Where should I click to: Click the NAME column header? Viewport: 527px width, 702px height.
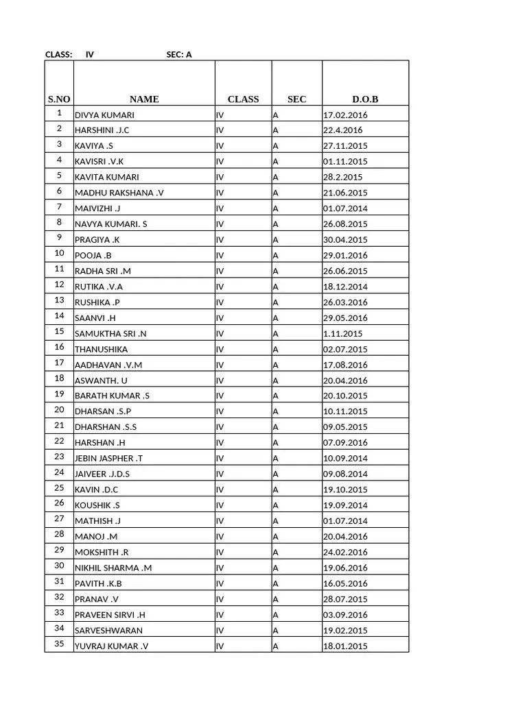[x=144, y=99]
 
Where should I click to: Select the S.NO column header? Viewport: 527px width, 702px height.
[x=59, y=99]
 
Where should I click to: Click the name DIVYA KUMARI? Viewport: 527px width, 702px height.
[x=104, y=114]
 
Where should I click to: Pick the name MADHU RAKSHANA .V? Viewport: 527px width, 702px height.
[x=119, y=193]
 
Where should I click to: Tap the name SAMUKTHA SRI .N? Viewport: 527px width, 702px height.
[x=110, y=334]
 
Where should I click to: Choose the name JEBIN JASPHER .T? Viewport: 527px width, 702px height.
[x=109, y=459]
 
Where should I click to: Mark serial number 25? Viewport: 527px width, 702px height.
[x=60, y=489]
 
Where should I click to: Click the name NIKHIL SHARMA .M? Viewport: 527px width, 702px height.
[x=113, y=568]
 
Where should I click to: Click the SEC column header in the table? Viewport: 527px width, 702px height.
[x=296, y=99]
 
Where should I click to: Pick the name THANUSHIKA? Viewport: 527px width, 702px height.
[x=101, y=349]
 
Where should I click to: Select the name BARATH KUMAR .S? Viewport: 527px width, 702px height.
[x=112, y=396]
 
